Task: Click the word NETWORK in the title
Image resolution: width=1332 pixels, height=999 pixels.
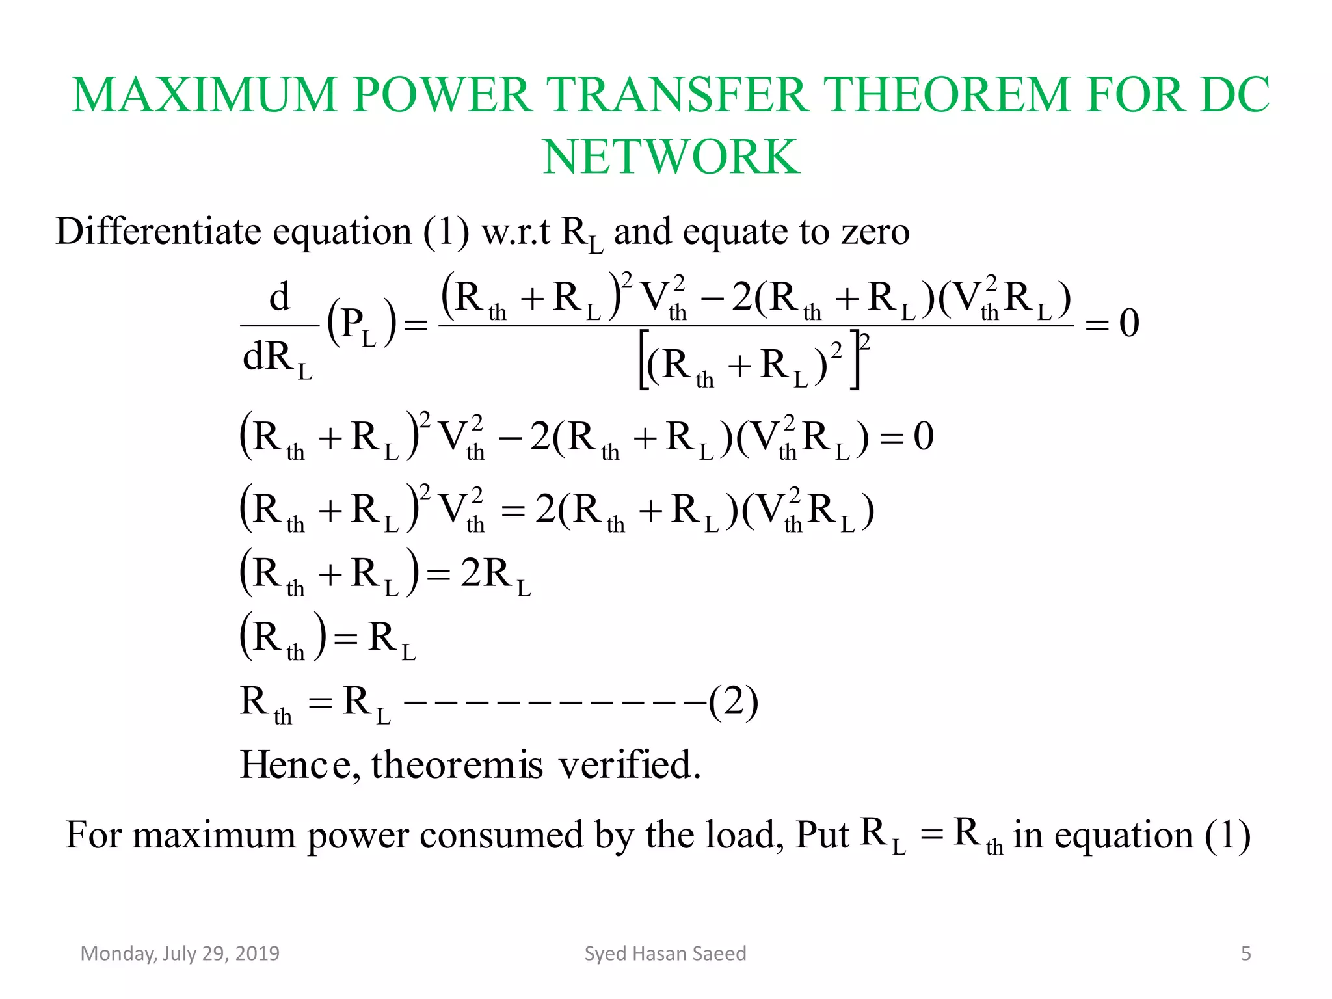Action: click(671, 157)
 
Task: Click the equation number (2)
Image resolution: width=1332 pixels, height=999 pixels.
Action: click(733, 702)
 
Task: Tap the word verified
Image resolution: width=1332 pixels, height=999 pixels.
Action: click(630, 765)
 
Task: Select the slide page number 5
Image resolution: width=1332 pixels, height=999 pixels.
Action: click(1245, 953)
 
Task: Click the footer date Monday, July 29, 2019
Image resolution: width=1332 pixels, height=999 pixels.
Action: click(180, 953)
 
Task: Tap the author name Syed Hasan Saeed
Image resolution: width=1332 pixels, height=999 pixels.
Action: click(665, 953)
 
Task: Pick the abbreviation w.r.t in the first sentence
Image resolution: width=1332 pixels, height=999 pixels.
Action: click(515, 232)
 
